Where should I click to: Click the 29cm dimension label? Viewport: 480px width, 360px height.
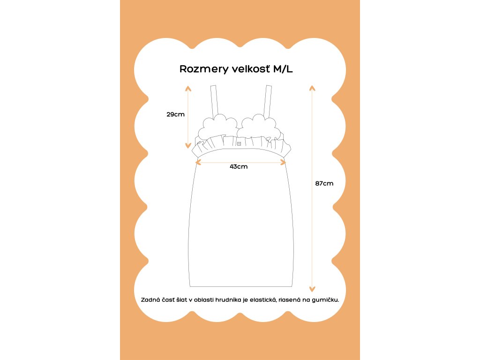point(175,114)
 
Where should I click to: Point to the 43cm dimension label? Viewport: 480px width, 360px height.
point(239,167)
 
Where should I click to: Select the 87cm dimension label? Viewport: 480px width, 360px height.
point(324,183)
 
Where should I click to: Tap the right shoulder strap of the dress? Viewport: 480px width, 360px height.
point(269,100)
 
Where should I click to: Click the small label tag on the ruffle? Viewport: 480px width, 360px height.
point(239,143)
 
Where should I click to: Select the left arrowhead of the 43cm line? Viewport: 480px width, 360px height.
point(198,162)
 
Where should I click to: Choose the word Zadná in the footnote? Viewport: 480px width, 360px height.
point(150,299)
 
